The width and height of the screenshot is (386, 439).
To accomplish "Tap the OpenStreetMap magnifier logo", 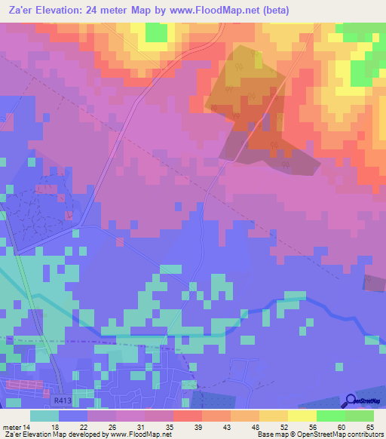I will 349,400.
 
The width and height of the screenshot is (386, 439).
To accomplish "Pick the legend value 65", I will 369,426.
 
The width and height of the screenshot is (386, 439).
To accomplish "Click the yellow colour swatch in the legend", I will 302,416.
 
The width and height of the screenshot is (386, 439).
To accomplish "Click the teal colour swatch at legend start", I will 44,416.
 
